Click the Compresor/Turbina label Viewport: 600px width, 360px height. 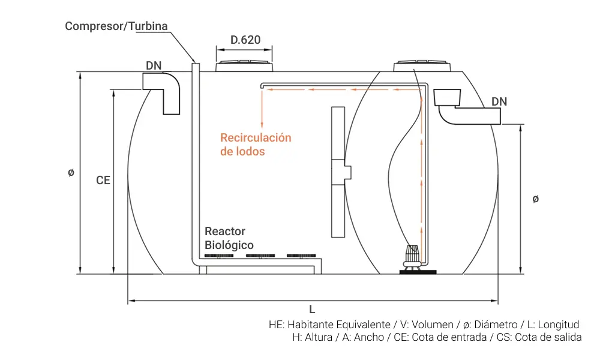click(x=116, y=26)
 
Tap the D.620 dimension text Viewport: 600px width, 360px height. click(x=245, y=40)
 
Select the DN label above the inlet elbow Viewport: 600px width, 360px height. click(x=154, y=65)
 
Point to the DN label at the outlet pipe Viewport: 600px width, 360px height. click(x=499, y=101)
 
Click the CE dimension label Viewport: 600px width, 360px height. click(x=103, y=179)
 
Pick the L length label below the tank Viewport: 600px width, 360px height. click(x=312, y=310)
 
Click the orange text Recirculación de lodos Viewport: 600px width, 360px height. click(x=256, y=145)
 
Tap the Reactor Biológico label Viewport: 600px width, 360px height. click(x=229, y=238)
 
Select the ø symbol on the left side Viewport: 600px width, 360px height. click(x=71, y=173)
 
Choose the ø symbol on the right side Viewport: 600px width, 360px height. click(x=535, y=199)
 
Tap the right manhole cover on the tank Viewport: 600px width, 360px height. click(x=423, y=65)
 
